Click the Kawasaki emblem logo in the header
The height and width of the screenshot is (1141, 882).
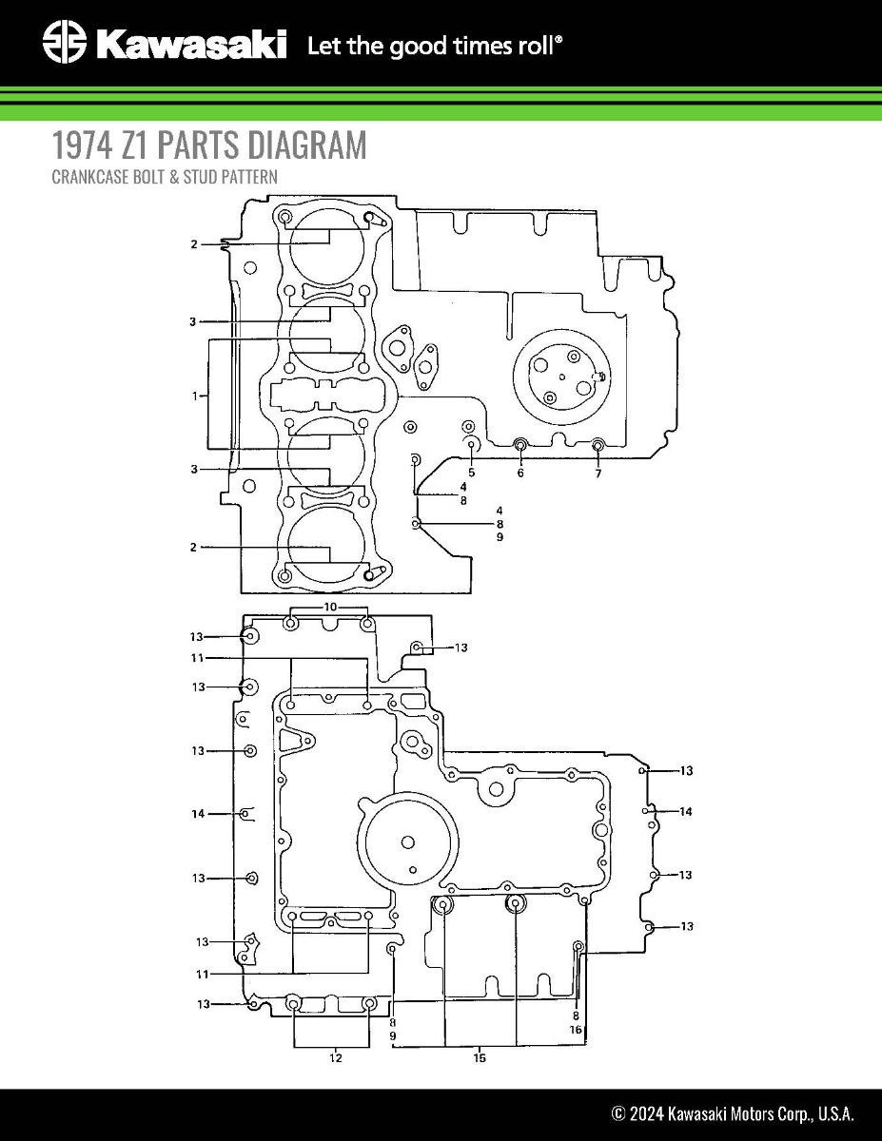pyautogui.click(x=65, y=44)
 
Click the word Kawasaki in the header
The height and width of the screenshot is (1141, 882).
pyautogui.click(x=190, y=44)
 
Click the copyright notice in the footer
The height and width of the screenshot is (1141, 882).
pyautogui.click(x=732, y=1113)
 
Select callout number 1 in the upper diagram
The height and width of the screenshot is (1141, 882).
pyautogui.click(x=195, y=396)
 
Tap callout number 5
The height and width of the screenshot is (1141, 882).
pyautogui.click(x=471, y=473)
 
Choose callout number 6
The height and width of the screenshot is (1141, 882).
pyautogui.click(x=520, y=474)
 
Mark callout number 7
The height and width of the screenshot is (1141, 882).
pyautogui.click(x=598, y=474)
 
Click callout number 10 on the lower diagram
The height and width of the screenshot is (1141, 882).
pyautogui.click(x=330, y=606)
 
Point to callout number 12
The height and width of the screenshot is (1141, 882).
pyautogui.click(x=336, y=1057)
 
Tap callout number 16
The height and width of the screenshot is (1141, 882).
pyautogui.click(x=576, y=1030)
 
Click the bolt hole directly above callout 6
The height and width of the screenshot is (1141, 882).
pyautogui.click(x=520, y=445)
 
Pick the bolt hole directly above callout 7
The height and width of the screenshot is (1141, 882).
pyautogui.click(x=598, y=445)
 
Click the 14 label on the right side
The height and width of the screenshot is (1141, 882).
pyautogui.click(x=685, y=812)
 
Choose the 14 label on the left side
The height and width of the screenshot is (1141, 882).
pyautogui.click(x=198, y=814)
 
